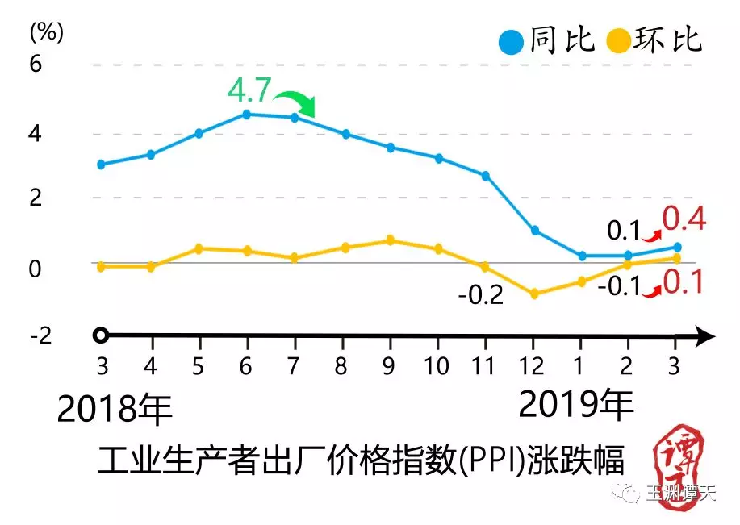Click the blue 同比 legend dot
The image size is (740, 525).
point(512,40)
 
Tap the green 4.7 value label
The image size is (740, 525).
point(249,90)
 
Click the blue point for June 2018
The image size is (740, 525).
point(246,115)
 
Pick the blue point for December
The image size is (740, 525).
point(533,231)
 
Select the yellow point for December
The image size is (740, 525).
point(533,294)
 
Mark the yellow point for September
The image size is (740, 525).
point(390,240)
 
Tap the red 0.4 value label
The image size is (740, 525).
point(684,219)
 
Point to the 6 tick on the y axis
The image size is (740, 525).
point(35,64)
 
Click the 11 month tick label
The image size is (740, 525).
point(484,367)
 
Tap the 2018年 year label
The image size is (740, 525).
point(115,410)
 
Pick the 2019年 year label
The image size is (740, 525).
point(575,404)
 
